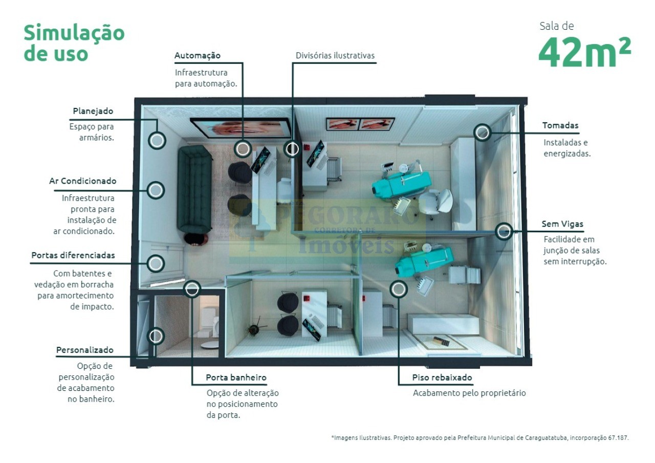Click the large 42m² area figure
click(584, 53)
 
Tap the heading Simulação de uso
click(74, 42)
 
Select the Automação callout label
click(198, 56)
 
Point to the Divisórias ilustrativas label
click(335, 55)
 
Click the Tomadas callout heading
click(560, 125)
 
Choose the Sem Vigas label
click(562, 224)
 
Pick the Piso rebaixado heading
click(442, 378)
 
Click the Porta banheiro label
click(236, 378)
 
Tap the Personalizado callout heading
click(85, 350)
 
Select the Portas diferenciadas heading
click(73, 255)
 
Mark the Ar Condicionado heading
click(83, 181)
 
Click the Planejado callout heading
click(93, 111)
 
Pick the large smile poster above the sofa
click(241, 128)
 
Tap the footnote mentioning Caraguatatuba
click(480, 437)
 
